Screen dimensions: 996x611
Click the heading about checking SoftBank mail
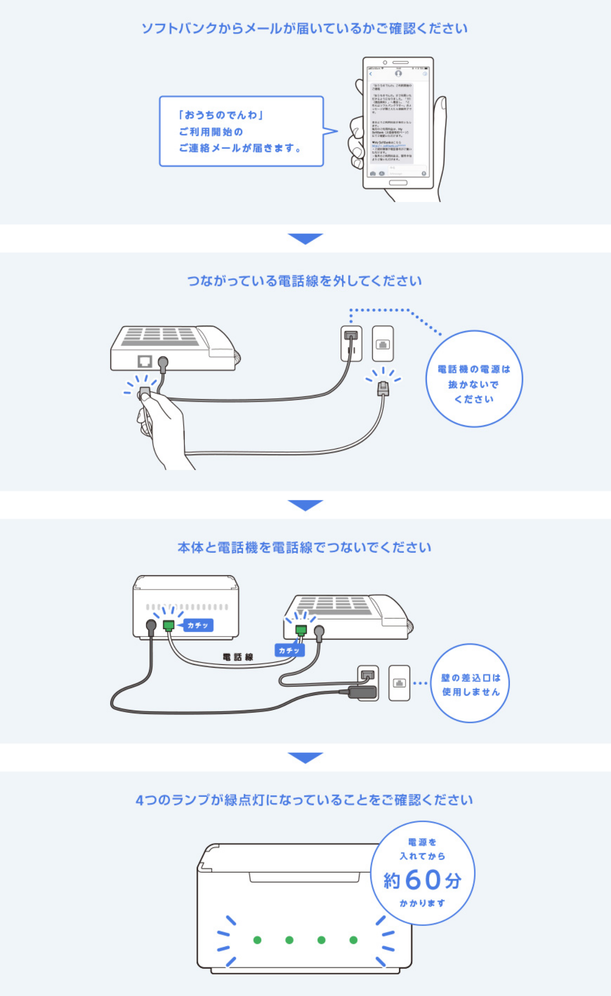point(304,28)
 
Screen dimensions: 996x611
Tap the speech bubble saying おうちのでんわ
point(241,131)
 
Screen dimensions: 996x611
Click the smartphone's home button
point(398,183)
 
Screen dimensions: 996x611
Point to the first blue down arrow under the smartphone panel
point(305,238)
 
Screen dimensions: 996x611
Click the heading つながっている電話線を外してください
point(304,281)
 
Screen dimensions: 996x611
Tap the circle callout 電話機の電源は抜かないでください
point(474,379)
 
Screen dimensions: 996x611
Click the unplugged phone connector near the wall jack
point(383,388)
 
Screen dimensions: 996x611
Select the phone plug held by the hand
point(145,393)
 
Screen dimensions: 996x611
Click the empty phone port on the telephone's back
point(145,361)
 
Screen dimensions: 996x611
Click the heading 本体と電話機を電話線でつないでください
point(304,548)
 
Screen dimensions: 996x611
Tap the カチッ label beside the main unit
point(198,625)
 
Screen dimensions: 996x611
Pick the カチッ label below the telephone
point(289,650)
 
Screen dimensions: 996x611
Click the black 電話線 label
point(238,657)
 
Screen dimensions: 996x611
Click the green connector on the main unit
point(169,625)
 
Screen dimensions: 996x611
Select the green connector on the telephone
point(301,630)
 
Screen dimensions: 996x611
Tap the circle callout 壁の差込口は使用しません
point(470,685)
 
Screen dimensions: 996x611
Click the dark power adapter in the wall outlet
point(363,691)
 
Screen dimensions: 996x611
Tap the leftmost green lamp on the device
point(257,940)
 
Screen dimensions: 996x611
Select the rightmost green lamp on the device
point(354,940)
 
